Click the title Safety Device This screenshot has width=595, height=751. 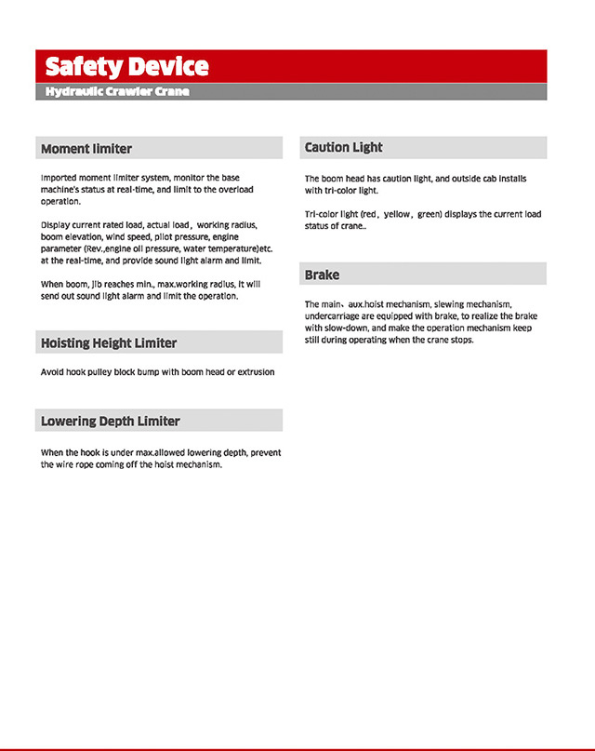(126, 67)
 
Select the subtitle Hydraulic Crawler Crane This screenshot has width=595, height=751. (117, 92)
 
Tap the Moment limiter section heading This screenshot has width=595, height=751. (86, 149)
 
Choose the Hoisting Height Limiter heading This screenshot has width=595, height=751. (109, 343)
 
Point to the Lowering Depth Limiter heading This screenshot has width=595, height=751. (111, 422)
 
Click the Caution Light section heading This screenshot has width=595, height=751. (344, 148)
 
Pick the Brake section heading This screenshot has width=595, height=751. (322, 275)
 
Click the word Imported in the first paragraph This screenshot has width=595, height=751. (59, 178)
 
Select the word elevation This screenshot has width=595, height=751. (86, 237)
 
